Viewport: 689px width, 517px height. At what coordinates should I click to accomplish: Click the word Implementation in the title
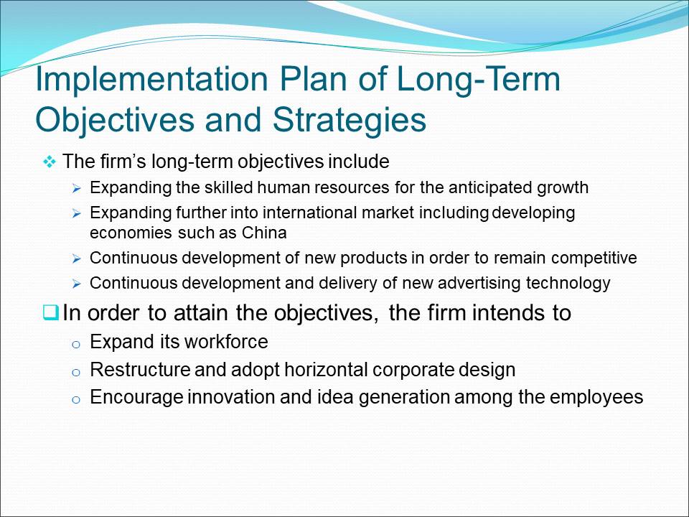tap(152, 80)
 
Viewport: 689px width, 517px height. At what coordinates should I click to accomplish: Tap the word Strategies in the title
tap(350, 120)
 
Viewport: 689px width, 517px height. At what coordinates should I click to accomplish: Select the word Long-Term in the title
tap(479, 80)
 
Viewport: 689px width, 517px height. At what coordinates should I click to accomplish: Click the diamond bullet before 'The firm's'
tap(50, 162)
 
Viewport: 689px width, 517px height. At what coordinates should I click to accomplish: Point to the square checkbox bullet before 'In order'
tap(50, 313)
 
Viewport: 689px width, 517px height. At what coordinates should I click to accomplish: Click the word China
tap(264, 232)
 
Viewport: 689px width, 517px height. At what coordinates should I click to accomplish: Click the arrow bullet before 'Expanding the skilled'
tap(77, 189)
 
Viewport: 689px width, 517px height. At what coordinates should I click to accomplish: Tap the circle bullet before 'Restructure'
tap(75, 373)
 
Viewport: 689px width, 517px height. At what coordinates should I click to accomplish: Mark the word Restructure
tap(140, 370)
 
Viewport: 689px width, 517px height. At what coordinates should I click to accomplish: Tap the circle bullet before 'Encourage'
tap(75, 400)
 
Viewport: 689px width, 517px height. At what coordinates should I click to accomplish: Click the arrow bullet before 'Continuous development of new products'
tap(77, 259)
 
